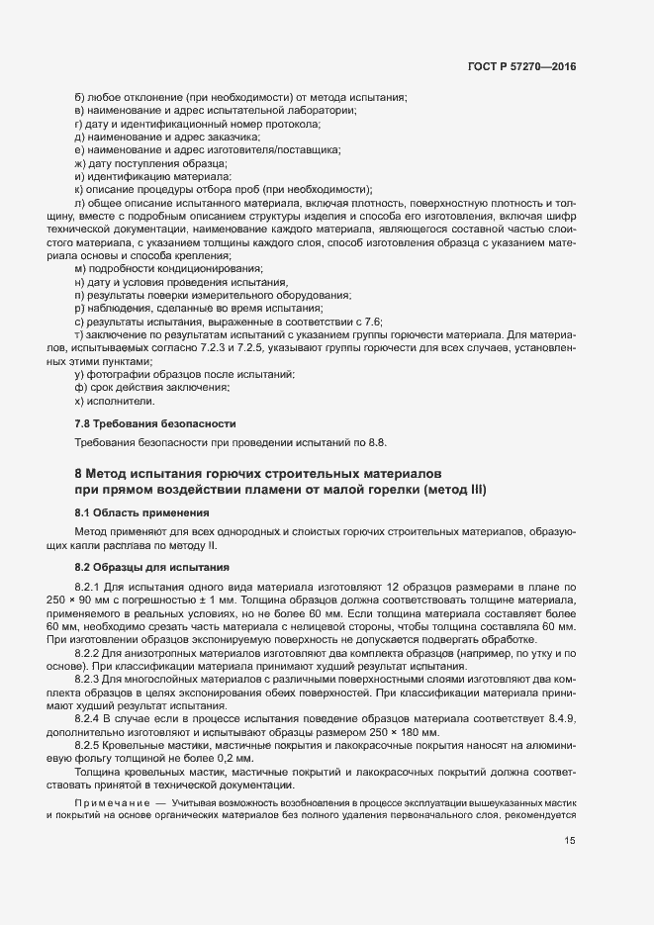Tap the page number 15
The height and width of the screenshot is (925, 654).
[569, 841]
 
